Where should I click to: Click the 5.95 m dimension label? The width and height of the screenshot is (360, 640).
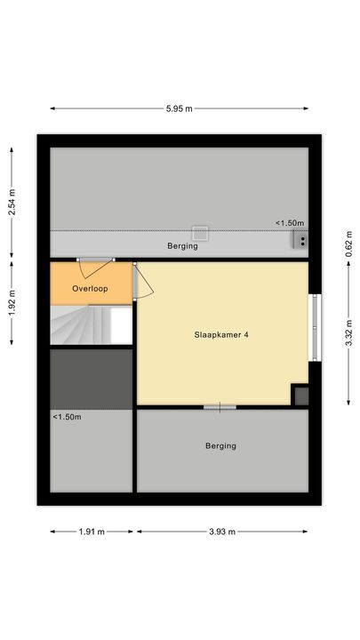coord(180,108)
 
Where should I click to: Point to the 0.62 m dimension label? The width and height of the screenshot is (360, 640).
coord(348,239)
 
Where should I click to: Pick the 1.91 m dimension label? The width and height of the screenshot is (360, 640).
coord(92,532)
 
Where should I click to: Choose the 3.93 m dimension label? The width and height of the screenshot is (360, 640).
coord(221,532)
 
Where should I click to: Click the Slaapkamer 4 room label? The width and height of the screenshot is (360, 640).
coord(221,335)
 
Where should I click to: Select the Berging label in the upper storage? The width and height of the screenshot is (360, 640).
coord(182,246)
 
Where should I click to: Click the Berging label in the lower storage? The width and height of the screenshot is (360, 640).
coord(220,446)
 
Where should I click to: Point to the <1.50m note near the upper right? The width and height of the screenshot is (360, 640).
coord(289,223)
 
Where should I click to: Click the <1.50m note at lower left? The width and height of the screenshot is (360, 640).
coord(67,417)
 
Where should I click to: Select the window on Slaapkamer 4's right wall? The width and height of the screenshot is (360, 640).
coord(313,327)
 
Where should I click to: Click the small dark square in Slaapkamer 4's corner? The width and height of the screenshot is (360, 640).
coord(300,396)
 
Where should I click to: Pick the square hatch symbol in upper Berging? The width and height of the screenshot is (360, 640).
coord(200,233)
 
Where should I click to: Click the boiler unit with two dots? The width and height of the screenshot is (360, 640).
coord(300,238)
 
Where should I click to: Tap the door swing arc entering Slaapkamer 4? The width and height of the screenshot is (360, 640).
coord(144,283)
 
